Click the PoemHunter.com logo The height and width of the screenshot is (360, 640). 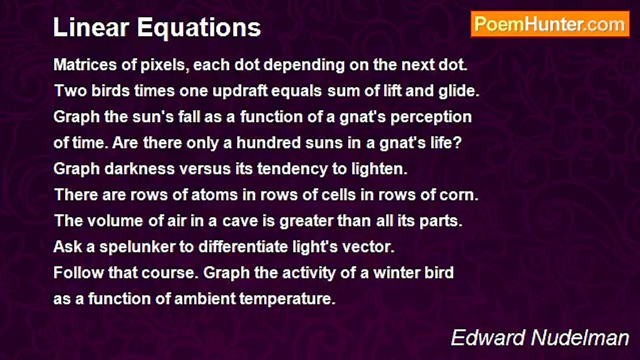[x=550, y=24]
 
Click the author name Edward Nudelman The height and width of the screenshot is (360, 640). [x=540, y=338]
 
